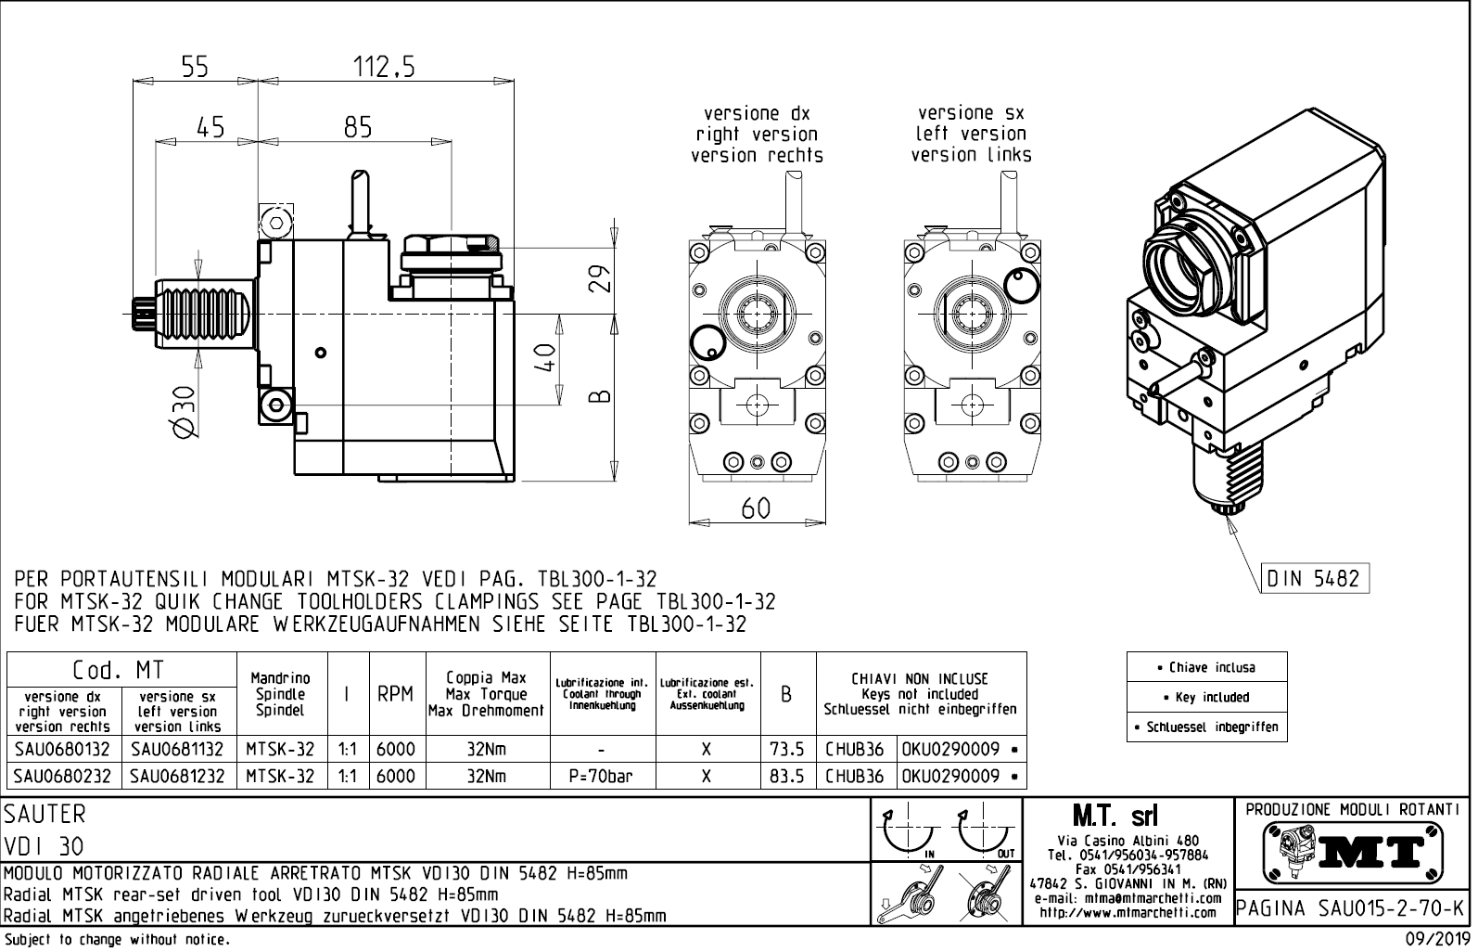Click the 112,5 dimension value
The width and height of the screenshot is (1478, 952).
[383, 67]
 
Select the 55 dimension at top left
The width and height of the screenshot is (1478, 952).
[195, 67]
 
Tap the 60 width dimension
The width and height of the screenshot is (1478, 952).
[756, 509]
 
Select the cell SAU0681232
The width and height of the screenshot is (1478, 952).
[177, 777]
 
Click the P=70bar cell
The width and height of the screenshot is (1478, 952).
[602, 777]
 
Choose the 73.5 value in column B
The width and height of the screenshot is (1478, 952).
[786, 749]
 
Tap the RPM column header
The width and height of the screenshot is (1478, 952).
[395, 695]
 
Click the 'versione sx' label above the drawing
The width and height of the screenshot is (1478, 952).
[971, 113]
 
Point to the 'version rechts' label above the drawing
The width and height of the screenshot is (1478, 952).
[757, 155]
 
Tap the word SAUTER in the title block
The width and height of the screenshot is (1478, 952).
[45, 815]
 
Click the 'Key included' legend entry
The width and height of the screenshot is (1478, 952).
[1206, 697]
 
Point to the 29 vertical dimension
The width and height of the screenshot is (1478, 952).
[602, 278]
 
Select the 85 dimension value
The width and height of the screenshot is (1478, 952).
[357, 127]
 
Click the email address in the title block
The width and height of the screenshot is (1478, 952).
[1127, 898]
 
